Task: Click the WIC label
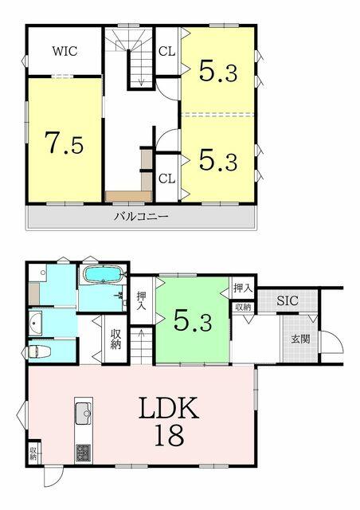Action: coord(65,51)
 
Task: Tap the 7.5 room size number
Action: coord(64,143)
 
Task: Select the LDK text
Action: coord(169,407)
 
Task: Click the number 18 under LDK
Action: coord(169,436)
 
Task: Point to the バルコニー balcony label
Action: coord(141,216)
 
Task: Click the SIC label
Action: coord(288,300)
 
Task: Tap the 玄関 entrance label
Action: coord(300,339)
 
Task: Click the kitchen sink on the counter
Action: coord(84,413)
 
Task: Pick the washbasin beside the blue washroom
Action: coord(36,324)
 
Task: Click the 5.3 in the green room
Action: coord(193,320)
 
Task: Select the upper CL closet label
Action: coord(166,51)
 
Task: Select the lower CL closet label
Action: coord(166,178)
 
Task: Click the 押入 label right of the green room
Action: coord(243,288)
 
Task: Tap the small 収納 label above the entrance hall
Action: coord(243,307)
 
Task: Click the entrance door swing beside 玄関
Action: coord(331,341)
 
